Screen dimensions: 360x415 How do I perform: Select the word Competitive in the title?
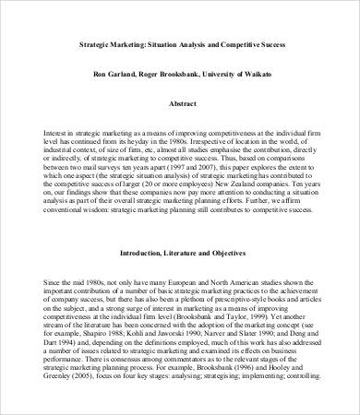point(232,43)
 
